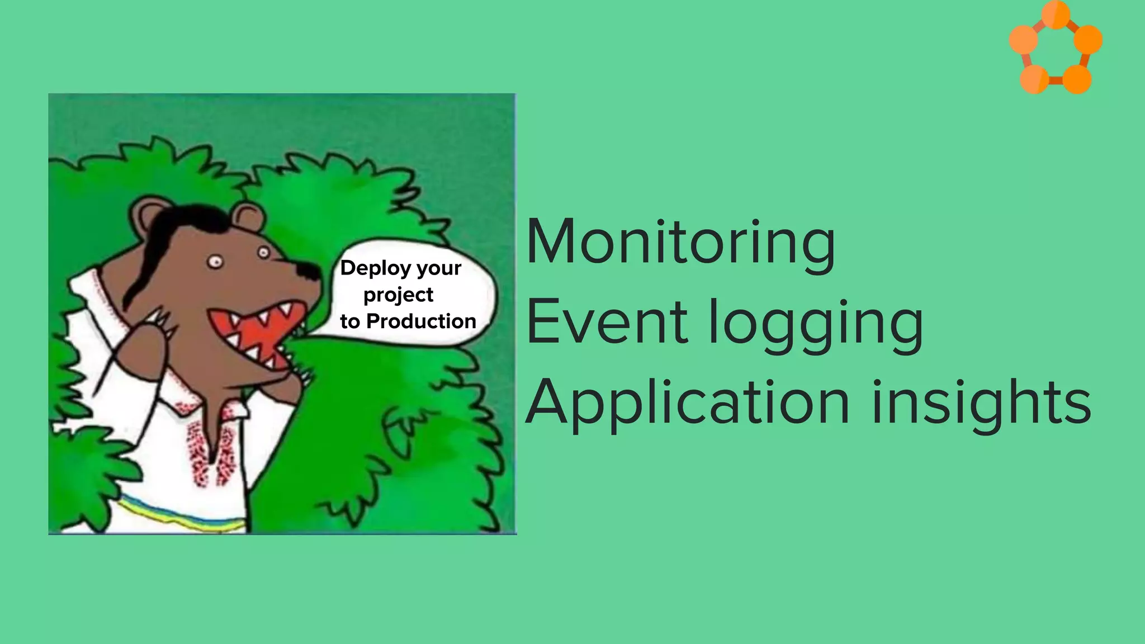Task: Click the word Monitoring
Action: pos(680,243)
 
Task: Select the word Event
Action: pos(607,323)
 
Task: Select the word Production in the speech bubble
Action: pos(421,321)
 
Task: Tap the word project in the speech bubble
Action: pos(398,295)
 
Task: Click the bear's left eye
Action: pos(216,261)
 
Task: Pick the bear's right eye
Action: pos(263,252)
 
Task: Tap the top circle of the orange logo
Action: pos(1056,13)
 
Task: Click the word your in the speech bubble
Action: pos(439,269)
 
